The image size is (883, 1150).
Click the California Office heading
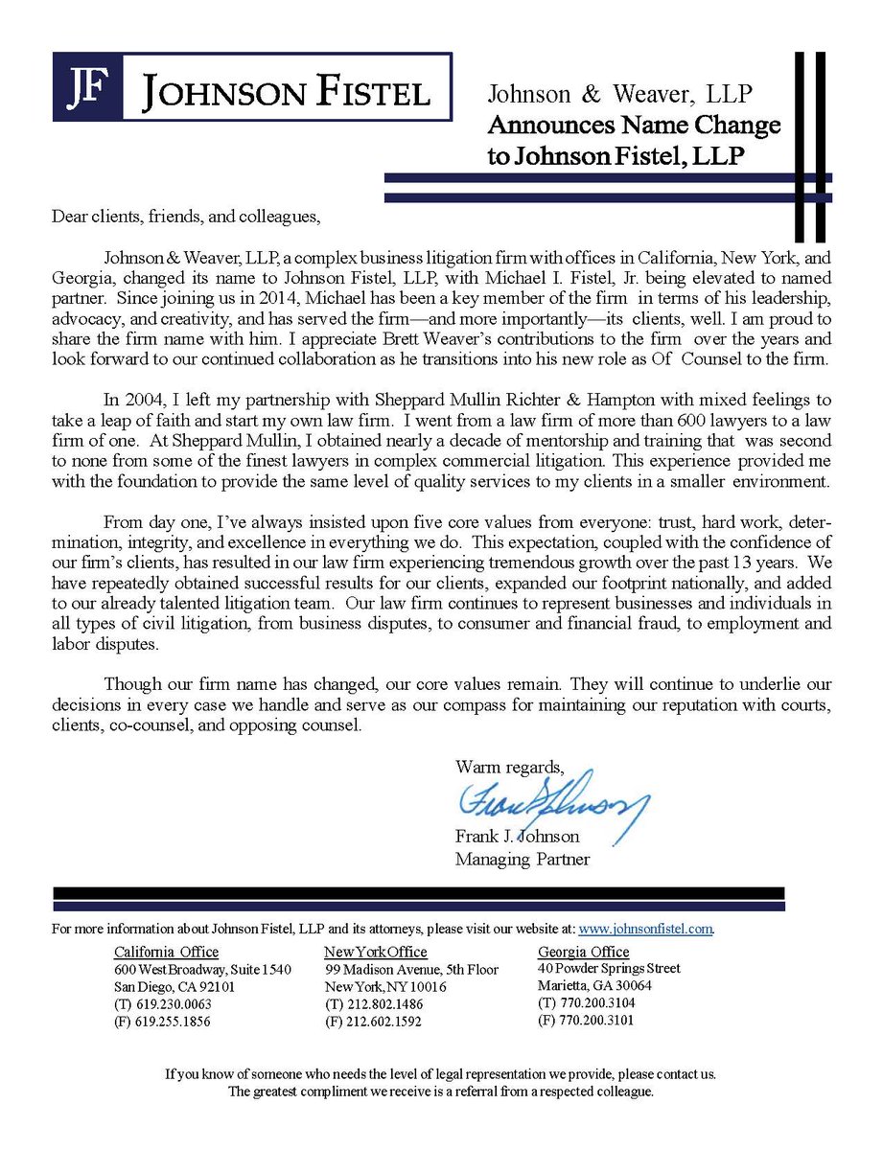[x=166, y=952]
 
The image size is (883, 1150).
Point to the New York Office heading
[x=376, y=952]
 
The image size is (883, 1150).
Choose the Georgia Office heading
[x=584, y=952]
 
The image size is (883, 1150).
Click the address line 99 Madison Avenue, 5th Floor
[x=411, y=969]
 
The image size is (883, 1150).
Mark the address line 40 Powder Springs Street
[x=609, y=968]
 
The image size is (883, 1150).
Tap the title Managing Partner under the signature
[x=523, y=859]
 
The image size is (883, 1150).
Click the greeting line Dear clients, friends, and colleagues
[x=184, y=216]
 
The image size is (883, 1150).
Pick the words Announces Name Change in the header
[x=633, y=125]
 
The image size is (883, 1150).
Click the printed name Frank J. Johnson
[x=517, y=837]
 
